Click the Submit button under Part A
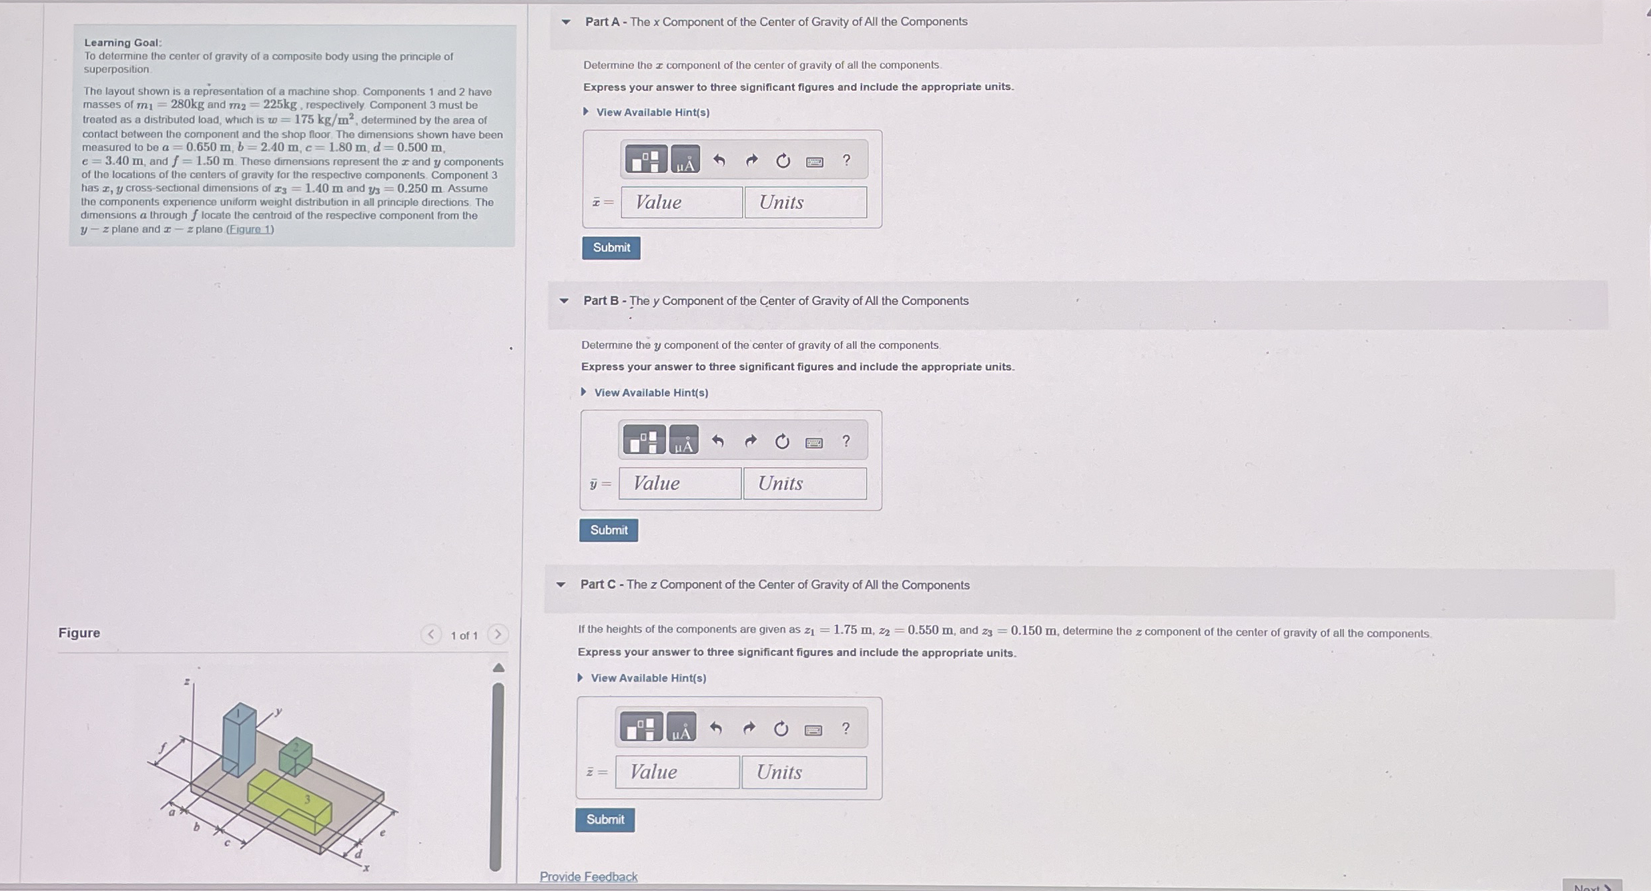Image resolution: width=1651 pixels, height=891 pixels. (x=611, y=248)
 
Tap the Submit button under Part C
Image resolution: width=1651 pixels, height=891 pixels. (x=605, y=820)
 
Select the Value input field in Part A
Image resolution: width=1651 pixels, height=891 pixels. (x=681, y=202)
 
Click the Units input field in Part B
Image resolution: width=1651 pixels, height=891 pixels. (x=805, y=483)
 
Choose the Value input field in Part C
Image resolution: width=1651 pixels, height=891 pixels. (x=677, y=772)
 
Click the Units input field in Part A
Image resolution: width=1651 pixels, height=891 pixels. (x=805, y=202)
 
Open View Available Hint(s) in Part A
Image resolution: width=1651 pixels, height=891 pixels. (x=652, y=112)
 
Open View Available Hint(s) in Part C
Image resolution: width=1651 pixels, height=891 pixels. (x=647, y=678)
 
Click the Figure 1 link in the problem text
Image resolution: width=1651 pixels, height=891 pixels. (x=250, y=230)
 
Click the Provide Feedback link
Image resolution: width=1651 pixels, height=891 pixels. (x=588, y=876)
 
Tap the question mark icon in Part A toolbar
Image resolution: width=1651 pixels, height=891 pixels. (x=846, y=160)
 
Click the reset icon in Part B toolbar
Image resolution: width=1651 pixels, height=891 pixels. (x=782, y=441)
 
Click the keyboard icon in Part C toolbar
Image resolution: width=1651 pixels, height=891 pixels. (x=813, y=729)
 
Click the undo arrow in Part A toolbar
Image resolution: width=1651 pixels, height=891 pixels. (x=719, y=160)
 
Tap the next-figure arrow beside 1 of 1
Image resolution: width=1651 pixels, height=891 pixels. (x=497, y=634)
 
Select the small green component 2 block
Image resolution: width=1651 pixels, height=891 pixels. (x=296, y=756)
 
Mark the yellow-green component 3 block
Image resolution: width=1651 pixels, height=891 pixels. (x=289, y=801)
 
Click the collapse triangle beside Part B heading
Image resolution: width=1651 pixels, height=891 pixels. (x=564, y=301)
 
